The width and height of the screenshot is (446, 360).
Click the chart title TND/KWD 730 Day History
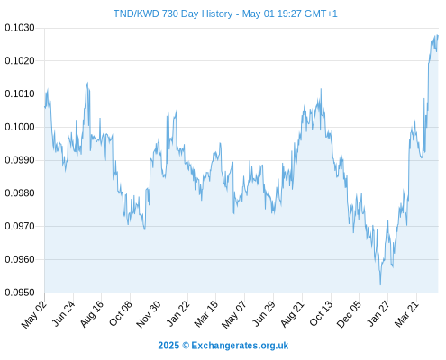(x=173, y=13)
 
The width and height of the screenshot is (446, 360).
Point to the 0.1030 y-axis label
(x=20, y=28)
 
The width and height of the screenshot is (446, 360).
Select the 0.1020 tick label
(x=20, y=61)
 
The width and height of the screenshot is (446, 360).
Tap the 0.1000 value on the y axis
(x=20, y=127)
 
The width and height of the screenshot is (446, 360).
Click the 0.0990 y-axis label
(x=20, y=160)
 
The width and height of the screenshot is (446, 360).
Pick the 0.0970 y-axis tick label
(x=20, y=226)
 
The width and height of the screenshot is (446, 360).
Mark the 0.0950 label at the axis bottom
(x=20, y=292)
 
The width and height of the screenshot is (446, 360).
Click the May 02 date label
(x=33, y=314)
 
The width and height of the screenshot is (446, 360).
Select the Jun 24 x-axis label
(x=63, y=313)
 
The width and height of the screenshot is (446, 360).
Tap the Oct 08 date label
(x=120, y=313)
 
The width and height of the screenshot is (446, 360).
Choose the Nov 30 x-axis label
(x=149, y=314)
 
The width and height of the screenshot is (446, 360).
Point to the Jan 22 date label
(x=177, y=313)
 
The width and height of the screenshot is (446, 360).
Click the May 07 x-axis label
(x=234, y=314)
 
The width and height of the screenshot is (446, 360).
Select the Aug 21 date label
(x=292, y=313)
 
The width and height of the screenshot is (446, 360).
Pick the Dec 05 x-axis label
(x=349, y=314)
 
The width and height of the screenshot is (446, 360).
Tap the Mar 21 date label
(x=406, y=313)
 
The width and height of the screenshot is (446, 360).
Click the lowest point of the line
(x=380, y=284)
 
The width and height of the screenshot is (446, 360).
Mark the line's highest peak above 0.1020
(x=437, y=35)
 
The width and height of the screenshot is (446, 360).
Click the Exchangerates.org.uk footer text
(x=240, y=346)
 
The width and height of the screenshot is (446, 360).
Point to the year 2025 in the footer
(x=168, y=346)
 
